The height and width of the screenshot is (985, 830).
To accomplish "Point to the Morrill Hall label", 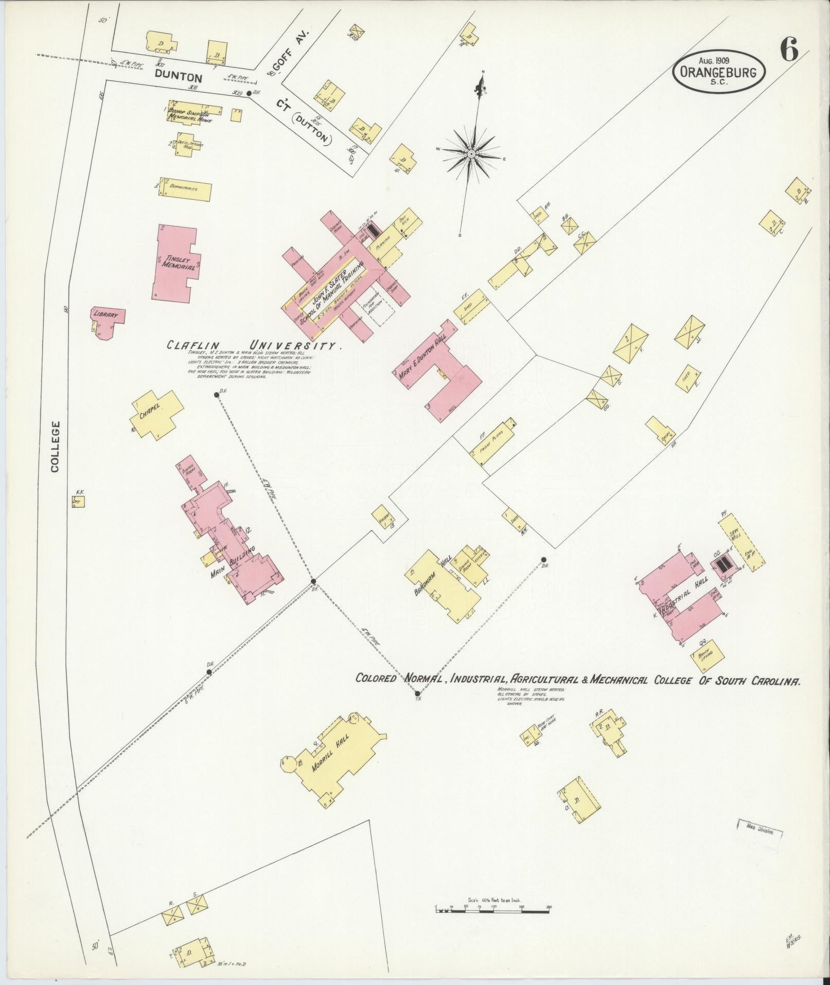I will (331, 753).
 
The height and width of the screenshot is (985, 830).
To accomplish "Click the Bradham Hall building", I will (443, 583).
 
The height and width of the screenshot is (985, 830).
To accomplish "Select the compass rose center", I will (471, 154).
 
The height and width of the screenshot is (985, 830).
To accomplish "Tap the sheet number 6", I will (789, 50).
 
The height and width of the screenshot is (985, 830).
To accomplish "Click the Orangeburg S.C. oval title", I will (719, 73).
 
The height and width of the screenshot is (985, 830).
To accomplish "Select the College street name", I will (56, 446).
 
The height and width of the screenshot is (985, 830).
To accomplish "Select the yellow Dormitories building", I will (185, 189).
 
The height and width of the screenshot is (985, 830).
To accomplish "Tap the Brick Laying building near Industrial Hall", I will (707, 655).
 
